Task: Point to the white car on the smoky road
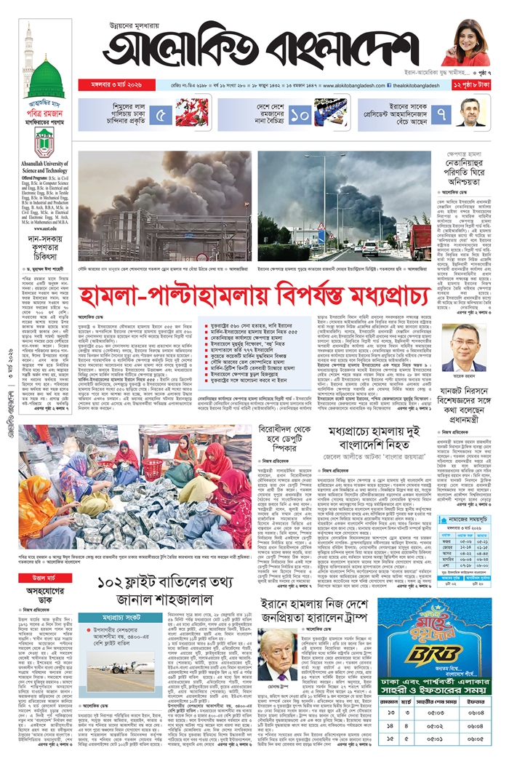(x=370, y=247)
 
